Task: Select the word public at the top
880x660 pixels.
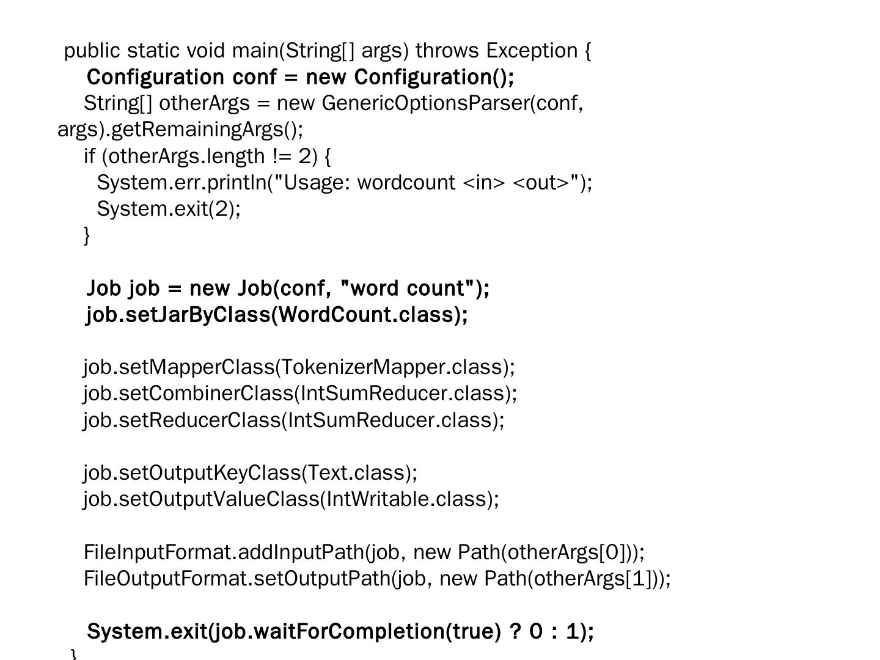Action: tap(92, 51)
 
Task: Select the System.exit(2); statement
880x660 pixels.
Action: tap(169, 209)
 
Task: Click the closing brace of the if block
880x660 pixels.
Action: tap(87, 235)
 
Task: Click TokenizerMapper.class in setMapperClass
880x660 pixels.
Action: tap(394, 367)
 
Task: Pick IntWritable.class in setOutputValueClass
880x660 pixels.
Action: tap(406, 499)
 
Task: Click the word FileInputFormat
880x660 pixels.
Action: tap(158, 552)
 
